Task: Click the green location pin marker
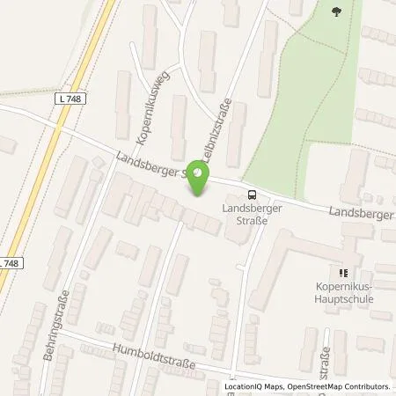(x=201, y=182)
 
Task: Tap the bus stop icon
(x=253, y=195)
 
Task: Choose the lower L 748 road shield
(x=10, y=263)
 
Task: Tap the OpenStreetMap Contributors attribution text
(x=338, y=386)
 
